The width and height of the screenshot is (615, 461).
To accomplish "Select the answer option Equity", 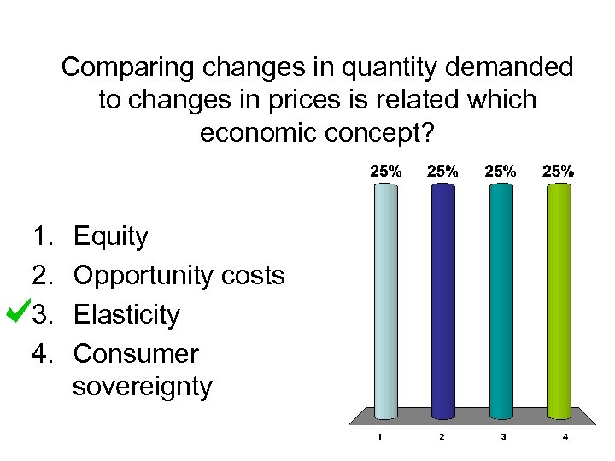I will coord(111,236).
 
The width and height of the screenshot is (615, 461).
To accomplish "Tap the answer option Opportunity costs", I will coord(179,276).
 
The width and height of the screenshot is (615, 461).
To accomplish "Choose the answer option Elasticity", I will coord(126,315).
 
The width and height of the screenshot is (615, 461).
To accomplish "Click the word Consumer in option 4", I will coord(136,353).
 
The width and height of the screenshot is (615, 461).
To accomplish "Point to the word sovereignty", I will coord(142,387).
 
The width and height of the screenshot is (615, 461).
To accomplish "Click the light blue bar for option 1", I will coord(386,299).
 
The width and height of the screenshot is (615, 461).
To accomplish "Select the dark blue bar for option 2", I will coord(442,299).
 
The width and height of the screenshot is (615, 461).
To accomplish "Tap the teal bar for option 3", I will coord(501,299).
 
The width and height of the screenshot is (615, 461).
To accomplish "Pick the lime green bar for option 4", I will coord(558,299).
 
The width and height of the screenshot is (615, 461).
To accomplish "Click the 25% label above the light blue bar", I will coord(385,171).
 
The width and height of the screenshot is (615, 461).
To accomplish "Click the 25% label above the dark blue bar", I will coord(442,171).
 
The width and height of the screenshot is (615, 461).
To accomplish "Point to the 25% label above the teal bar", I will coord(501,171).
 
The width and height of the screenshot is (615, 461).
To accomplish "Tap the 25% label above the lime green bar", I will coord(558,171).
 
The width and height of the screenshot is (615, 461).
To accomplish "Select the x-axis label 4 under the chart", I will coord(565,437).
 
